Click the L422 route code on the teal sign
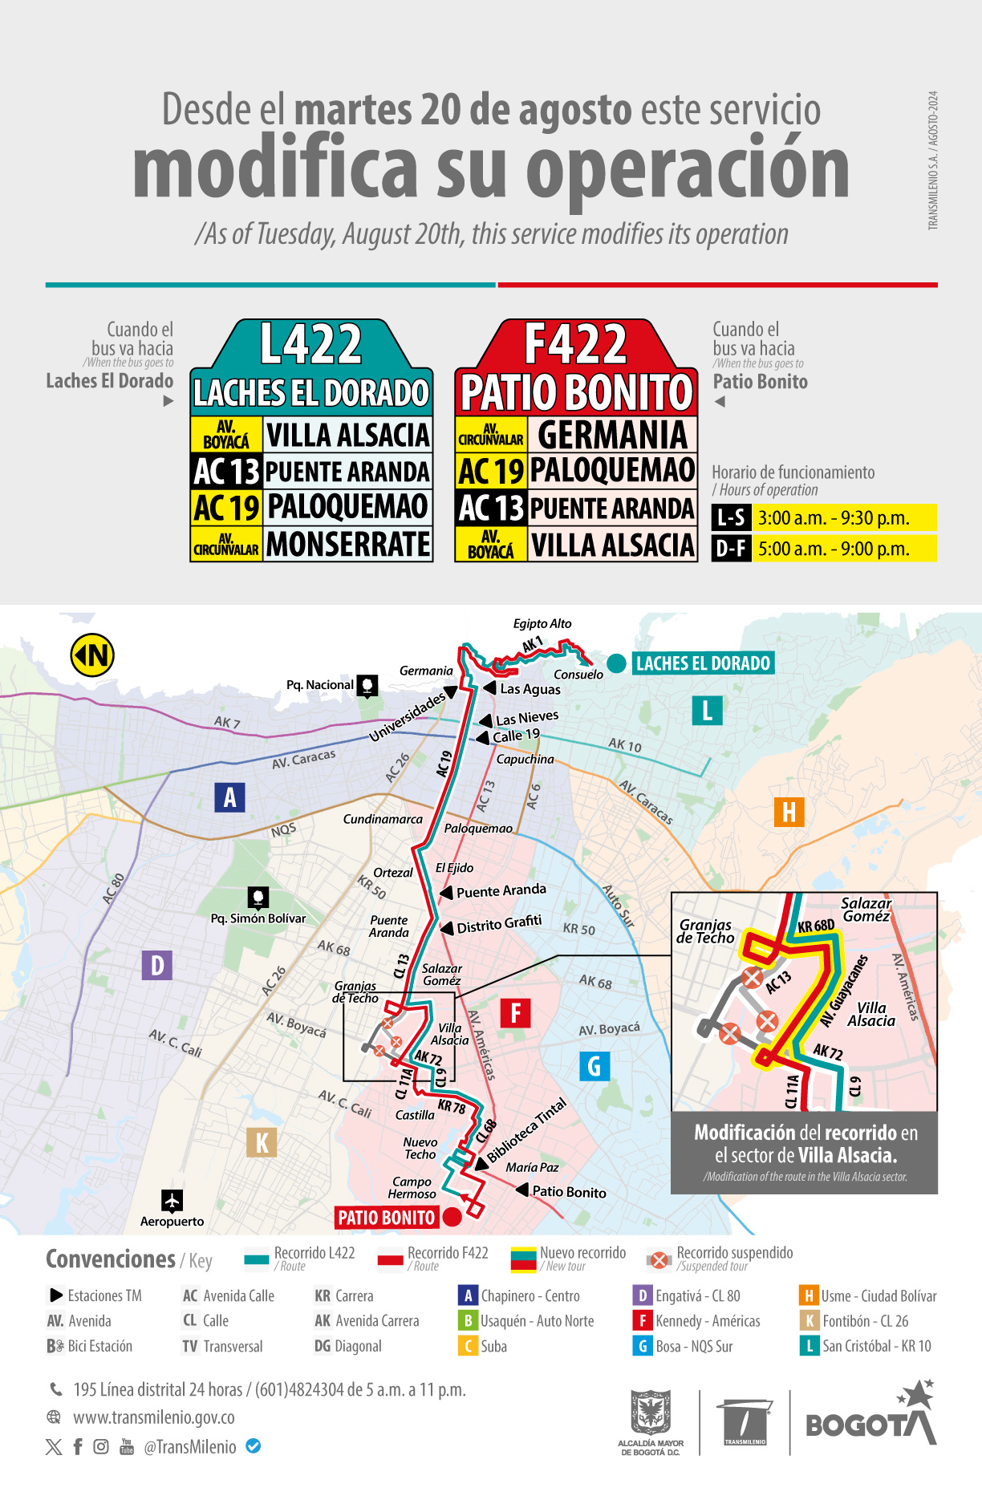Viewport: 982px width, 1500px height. click(311, 345)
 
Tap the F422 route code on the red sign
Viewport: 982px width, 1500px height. click(575, 345)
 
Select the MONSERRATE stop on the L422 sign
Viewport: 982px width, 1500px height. click(348, 544)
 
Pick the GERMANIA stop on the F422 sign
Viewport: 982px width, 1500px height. click(612, 435)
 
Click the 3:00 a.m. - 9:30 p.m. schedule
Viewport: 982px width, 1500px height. click(834, 518)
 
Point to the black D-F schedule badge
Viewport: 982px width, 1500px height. click(731, 549)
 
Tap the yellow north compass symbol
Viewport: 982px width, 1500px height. click(92, 655)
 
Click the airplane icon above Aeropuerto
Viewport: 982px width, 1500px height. click(172, 1200)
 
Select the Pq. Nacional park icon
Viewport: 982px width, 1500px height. click(367, 685)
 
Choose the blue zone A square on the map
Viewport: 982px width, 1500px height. click(229, 797)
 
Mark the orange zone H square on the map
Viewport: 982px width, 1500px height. click(789, 812)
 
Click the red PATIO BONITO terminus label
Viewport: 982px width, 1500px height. click(386, 1218)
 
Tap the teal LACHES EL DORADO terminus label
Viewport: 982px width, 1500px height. click(703, 663)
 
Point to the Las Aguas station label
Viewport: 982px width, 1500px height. click(530, 689)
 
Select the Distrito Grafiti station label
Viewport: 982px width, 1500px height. click(499, 925)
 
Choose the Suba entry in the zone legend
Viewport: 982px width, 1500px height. click(493, 1346)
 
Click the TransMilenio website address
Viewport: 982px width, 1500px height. click(154, 1417)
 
